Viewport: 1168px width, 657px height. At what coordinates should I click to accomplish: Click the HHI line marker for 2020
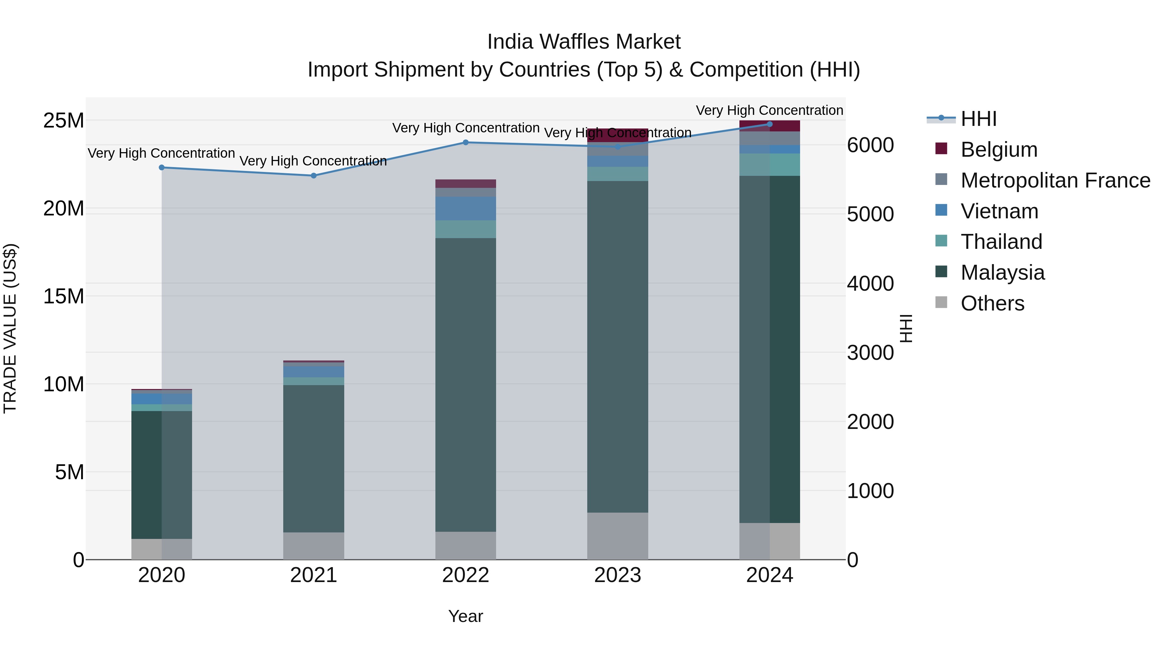pyautogui.click(x=162, y=167)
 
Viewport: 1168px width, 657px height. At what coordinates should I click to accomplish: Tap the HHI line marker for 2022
pyautogui.click(x=466, y=142)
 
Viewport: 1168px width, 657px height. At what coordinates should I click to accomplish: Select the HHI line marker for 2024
pyautogui.click(x=770, y=124)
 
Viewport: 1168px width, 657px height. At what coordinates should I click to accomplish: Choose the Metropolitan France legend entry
pyautogui.click(x=1055, y=180)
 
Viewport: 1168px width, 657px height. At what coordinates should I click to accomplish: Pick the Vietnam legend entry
pyautogui.click(x=999, y=211)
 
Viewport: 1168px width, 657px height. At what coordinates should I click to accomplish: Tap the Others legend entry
pyautogui.click(x=992, y=303)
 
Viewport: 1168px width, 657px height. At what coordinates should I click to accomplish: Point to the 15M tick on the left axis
pyautogui.click(x=64, y=297)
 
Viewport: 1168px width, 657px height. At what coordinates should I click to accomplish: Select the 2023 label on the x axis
pyautogui.click(x=617, y=575)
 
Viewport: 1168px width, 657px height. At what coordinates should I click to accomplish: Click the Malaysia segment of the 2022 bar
pyautogui.click(x=466, y=385)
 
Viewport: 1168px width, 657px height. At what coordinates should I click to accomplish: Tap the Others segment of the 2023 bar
pyautogui.click(x=617, y=536)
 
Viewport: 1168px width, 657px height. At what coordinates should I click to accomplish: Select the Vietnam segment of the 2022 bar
pyautogui.click(x=466, y=209)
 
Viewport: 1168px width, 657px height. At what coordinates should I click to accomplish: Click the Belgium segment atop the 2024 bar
pyautogui.click(x=770, y=127)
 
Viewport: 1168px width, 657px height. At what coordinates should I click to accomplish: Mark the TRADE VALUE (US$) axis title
pyautogui.click(x=10, y=328)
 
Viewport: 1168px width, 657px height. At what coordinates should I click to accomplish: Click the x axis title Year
pyautogui.click(x=466, y=616)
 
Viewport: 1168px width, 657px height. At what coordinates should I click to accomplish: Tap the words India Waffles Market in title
pyautogui.click(x=584, y=42)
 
